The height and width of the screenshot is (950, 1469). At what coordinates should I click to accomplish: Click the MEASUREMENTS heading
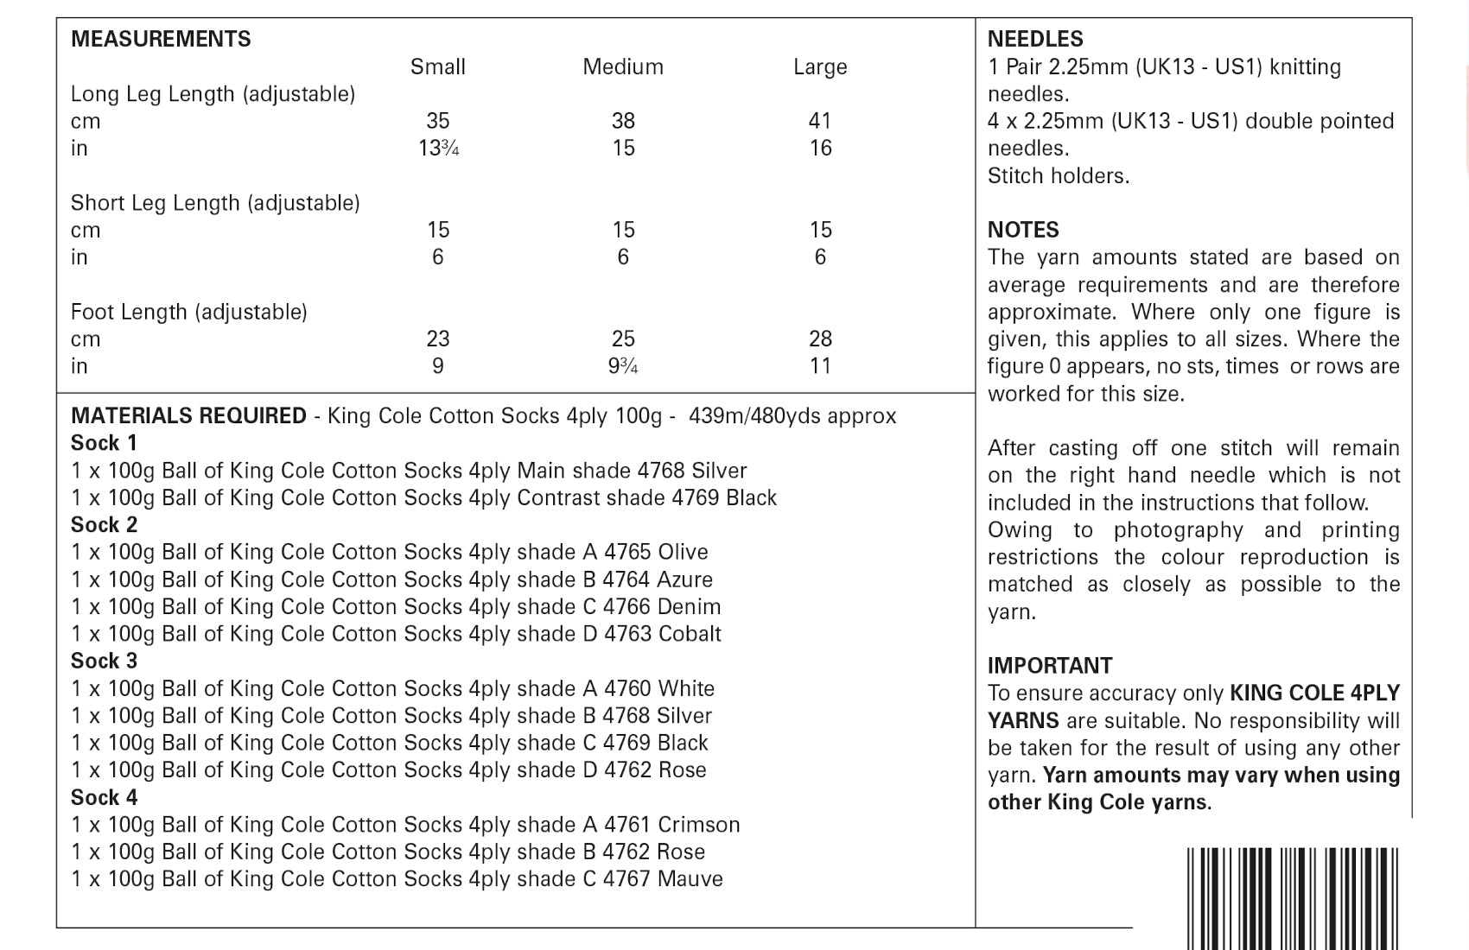pos(161,39)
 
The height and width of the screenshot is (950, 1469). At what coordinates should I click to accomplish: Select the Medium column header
pos(623,66)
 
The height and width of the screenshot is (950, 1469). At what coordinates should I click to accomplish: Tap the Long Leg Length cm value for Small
pos(438,121)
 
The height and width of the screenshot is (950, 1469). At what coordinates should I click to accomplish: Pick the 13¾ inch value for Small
pos(438,149)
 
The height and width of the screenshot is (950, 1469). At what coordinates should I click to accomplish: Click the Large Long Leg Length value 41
pos(820,121)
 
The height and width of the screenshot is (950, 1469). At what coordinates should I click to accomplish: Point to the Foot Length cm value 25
pos(623,339)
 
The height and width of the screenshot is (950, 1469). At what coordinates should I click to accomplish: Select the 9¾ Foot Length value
pos(623,366)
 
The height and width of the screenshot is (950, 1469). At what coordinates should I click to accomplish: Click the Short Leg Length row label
pos(215,203)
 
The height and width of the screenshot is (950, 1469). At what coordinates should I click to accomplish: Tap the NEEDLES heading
pos(1035,39)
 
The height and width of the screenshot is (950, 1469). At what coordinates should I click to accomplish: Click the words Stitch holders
pos(1059,176)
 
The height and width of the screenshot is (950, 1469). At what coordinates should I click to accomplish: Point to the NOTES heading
pos(1023,230)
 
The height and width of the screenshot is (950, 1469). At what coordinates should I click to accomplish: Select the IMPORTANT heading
pos(1050,666)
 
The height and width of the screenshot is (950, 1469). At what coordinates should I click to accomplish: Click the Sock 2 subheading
pos(105,525)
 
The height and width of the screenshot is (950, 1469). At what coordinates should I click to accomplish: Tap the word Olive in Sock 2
pos(683,552)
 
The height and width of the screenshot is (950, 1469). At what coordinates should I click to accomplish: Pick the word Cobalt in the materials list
pos(690,634)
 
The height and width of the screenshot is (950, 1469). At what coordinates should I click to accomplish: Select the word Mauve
pos(690,879)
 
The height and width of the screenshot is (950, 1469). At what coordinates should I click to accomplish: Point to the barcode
pos(1292,898)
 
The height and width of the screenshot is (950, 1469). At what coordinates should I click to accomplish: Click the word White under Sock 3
pos(686,688)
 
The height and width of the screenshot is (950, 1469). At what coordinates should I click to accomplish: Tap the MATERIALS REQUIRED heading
pos(188,415)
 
